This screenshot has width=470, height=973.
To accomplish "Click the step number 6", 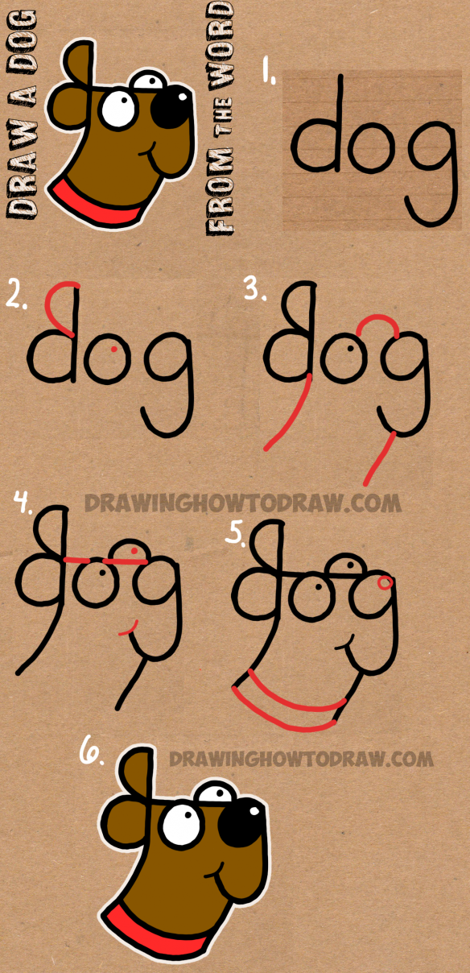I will click(x=89, y=755).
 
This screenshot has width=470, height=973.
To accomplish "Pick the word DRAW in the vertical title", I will click(x=22, y=181).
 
